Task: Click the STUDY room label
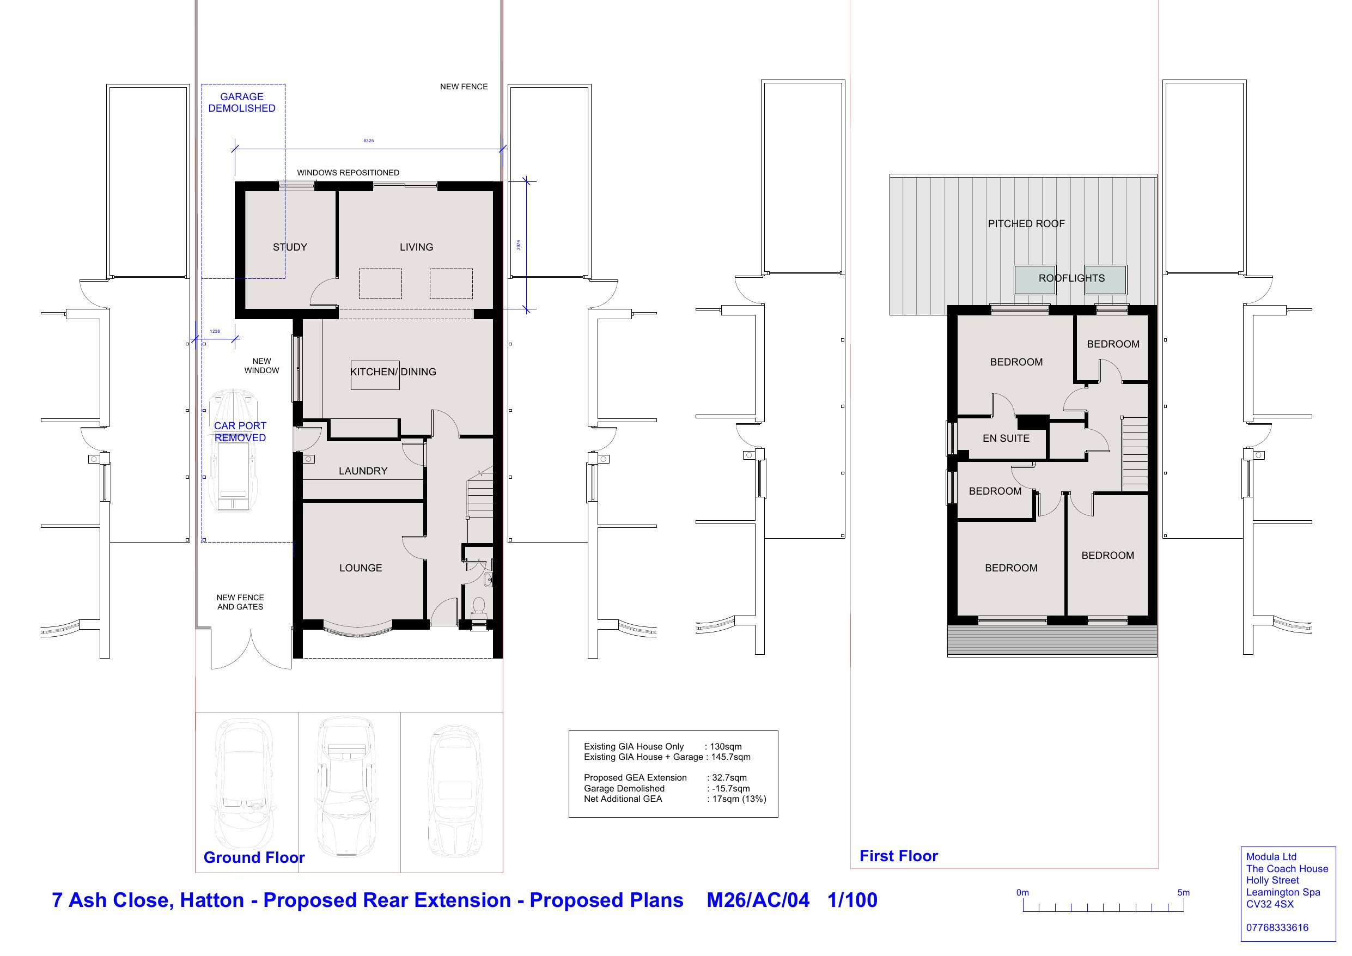290,247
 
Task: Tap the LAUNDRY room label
363,471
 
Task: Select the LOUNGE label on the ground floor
361,568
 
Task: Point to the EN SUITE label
1006,439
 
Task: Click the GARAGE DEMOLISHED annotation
242,102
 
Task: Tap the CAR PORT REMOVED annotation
240,432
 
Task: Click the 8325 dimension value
369,141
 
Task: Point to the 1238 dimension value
215,332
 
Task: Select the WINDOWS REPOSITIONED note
348,173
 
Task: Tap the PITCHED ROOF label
1026,224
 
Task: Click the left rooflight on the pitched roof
1034,280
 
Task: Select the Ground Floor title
254,857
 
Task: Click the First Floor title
899,856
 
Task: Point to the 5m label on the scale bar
1184,892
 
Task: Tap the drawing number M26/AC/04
758,900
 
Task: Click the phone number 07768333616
1277,928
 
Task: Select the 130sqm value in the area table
726,746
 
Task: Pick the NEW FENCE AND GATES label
240,602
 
